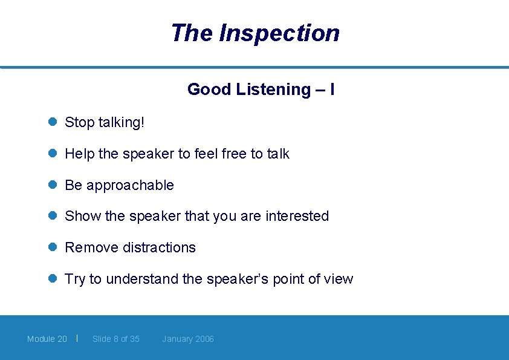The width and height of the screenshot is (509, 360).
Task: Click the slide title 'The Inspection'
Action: point(254,33)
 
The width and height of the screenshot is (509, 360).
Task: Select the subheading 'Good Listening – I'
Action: point(261,90)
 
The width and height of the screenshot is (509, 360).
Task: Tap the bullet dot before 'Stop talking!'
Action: point(53,122)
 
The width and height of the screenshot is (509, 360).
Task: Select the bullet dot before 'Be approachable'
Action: point(53,185)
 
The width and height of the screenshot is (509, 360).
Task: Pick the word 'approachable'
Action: point(130,186)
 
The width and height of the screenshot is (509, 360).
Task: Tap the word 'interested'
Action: point(297,216)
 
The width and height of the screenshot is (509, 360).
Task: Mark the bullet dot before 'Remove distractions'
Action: point(53,247)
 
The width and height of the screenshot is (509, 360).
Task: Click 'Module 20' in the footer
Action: point(47,339)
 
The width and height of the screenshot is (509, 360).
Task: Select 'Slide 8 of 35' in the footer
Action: point(116,339)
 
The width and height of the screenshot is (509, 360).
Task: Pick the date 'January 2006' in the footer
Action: point(188,339)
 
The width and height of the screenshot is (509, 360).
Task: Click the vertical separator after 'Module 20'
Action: point(77,338)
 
